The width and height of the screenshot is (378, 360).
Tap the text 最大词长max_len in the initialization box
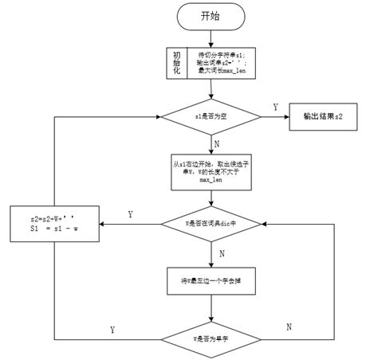(x=219, y=71)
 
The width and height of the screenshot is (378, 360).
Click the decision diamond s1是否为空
(x=214, y=117)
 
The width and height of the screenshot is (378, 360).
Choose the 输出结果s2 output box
(x=323, y=117)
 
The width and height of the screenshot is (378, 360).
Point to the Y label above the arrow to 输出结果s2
(x=275, y=106)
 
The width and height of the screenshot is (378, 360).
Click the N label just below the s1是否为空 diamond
(x=218, y=143)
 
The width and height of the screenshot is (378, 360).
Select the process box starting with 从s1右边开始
(x=214, y=170)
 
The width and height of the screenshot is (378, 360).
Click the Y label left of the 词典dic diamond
(x=129, y=214)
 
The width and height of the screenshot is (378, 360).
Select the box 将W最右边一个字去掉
(x=214, y=280)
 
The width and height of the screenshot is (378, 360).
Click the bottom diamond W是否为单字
(x=214, y=338)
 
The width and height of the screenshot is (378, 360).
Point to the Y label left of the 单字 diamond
(x=112, y=328)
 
